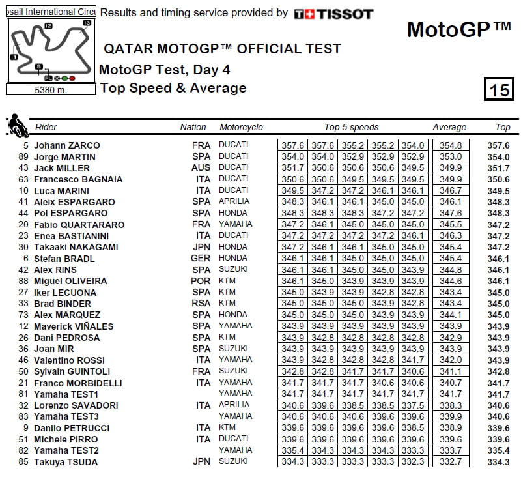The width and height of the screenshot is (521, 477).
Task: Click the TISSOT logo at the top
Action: (x=333, y=14)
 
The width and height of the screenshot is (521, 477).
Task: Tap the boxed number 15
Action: (x=498, y=89)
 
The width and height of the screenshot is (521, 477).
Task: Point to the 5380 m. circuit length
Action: (x=51, y=91)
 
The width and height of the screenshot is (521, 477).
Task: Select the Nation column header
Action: (x=193, y=128)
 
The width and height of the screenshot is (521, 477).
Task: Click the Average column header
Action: (x=449, y=128)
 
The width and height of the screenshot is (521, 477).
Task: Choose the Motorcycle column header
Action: (x=241, y=128)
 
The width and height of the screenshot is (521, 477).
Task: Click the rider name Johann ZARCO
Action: (x=67, y=145)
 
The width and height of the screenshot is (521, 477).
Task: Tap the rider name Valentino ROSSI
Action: (x=69, y=360)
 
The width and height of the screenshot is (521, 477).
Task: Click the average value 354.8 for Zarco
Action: (x=449, y=145)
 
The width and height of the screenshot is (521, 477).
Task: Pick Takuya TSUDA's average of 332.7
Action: (x=449, y=462)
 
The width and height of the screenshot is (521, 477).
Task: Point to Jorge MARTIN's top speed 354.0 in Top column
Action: (x=498, y=157)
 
